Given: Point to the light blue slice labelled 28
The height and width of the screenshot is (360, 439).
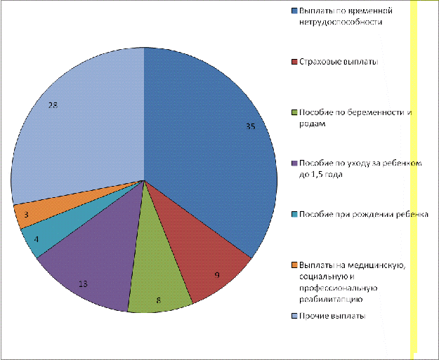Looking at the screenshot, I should click(77, 119).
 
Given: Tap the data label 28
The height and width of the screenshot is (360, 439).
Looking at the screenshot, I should click(53, 105).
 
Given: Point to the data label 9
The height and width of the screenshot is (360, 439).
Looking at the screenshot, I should click(217, 275).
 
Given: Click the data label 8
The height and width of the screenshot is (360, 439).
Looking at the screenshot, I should click(159, 300).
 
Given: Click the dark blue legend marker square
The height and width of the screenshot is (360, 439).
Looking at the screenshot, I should click(293, 11).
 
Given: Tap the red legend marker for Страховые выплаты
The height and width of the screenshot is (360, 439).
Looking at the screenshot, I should click(293, 62).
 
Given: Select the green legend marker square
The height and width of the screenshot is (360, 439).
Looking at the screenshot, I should click(293, 112).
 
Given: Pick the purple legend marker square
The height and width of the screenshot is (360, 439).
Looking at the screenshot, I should click(293, 163).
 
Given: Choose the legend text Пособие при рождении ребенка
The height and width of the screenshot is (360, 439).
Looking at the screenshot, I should click(363, 213).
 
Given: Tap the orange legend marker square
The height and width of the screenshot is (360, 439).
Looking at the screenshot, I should click(293, 264).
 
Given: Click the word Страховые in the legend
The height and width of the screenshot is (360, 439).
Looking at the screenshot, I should click(317, 62).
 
